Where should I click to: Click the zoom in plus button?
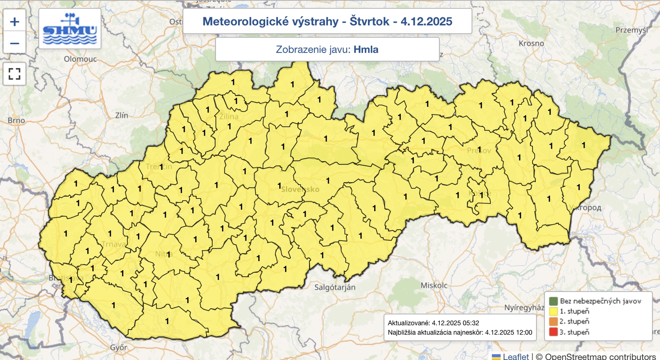[14, 21]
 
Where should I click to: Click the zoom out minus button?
[14, 43]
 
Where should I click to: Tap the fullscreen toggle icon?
[14, 74]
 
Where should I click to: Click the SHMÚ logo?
[70, 29]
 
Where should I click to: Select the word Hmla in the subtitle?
[366, 49]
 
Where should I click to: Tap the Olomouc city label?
[80, 59]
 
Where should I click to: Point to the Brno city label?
[16, 120]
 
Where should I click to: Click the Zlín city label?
[121, 115]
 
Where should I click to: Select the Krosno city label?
[531, 43]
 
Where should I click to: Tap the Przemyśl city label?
[632, 30]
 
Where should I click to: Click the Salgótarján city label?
[335, 287]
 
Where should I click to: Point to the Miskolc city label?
[434, 285]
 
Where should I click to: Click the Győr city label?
[118, 348]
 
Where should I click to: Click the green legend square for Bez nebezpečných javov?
[553, 301]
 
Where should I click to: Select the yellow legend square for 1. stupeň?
[553, 311]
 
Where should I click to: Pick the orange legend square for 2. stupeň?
[553, 322]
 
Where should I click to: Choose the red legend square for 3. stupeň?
[553, 332]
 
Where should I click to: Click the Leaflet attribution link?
[515, 356]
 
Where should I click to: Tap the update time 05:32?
[471, 323]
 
